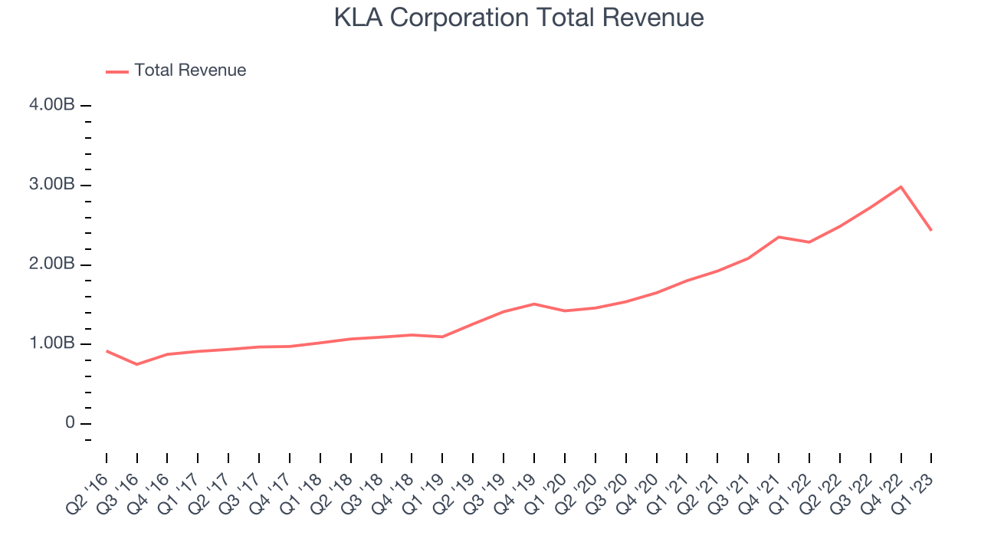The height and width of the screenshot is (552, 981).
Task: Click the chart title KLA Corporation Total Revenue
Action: [519, 18]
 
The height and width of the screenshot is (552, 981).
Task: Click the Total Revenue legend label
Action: [190, 71]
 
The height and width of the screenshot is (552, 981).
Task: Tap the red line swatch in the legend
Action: [117, 71]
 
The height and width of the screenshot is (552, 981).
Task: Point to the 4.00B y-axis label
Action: [51, 105]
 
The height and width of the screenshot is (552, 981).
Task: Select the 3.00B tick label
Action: [51, 185]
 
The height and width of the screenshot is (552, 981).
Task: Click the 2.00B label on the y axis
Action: [51, 264]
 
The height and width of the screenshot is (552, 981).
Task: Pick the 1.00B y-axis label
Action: [51, 344]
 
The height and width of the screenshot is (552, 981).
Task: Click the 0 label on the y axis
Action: [70, 424]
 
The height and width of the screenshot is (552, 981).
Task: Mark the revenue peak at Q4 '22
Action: [901, 187]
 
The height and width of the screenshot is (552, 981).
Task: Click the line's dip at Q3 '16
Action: [136, 364]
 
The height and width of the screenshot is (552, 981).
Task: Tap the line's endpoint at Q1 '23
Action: [931, 230]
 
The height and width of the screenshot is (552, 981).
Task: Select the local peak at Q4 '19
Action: [534, 304]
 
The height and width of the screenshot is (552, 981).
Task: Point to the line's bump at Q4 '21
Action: [779, 237]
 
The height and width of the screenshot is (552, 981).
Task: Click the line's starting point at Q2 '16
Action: [106, 350]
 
